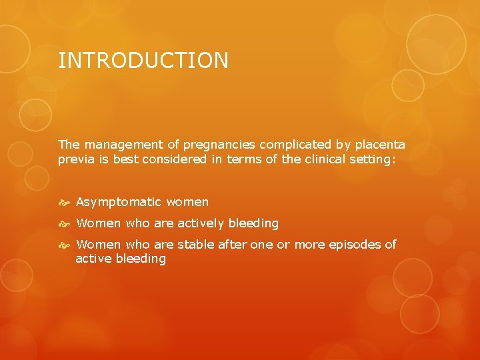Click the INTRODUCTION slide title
tap(143, 61)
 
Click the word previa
tap(75, 159)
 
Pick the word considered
tap(173, 159)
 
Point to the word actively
tap(203, 223)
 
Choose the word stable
tap(196, 245)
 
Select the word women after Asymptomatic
tap(187, 202)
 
